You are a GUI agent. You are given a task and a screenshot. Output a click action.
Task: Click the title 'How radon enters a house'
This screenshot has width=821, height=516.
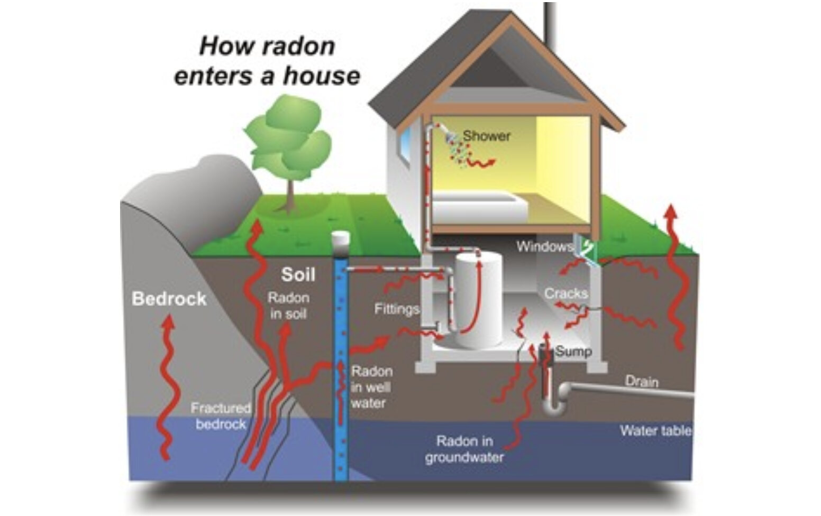click(267, 61)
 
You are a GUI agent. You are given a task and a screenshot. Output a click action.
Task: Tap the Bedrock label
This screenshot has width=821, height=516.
click(169, 299)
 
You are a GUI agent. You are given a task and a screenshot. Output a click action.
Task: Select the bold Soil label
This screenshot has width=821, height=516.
click(298, 274)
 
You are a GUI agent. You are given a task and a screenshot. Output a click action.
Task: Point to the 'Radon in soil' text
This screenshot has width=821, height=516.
click(288, 306)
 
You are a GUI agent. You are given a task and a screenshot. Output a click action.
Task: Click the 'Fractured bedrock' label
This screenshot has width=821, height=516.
click(221, 416)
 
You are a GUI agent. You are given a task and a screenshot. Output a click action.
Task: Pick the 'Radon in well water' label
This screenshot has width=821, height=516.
click(371, 387)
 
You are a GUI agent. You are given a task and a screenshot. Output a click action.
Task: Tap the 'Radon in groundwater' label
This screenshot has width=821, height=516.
click(464, 449)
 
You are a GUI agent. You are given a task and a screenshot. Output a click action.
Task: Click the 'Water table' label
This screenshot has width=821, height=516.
click(655, 430)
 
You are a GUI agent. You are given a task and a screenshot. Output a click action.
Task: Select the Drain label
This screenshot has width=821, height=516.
click(642, 381)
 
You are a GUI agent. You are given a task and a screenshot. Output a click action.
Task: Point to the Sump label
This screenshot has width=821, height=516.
click(573, 352)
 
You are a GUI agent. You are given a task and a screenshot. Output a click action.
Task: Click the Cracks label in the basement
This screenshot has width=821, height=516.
click(565, 293)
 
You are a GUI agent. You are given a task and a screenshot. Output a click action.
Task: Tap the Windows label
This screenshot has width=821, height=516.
click(544, 246)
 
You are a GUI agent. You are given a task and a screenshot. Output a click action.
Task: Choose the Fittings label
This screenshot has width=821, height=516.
click(396, 309)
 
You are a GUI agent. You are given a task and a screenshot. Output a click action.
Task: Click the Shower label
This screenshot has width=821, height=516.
click(487, 136)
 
